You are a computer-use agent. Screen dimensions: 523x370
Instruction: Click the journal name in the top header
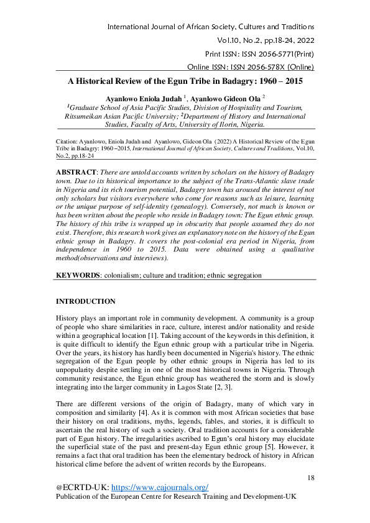coord(211,27)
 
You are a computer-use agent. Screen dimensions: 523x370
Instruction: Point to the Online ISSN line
coord(251,67)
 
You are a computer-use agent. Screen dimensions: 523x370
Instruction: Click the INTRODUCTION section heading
coord(85,301)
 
